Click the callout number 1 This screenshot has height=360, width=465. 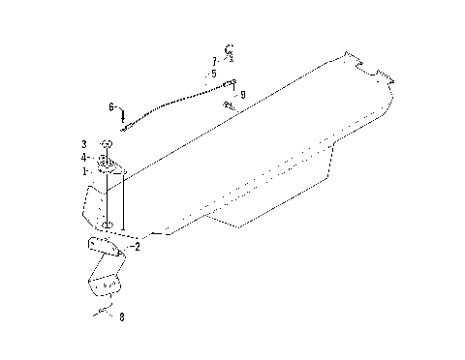(x=86, y=170)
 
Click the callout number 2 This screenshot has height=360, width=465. (x=137, y=247)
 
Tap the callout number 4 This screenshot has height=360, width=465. (x=84, y=157)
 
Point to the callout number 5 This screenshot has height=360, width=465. (x=213, y=73)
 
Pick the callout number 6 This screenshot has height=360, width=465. (x=111, y=106)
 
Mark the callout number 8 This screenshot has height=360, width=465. (x=121, y=315)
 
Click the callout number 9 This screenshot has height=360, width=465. (x=242, y=94)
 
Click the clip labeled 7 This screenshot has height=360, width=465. (x=230, y=50)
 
